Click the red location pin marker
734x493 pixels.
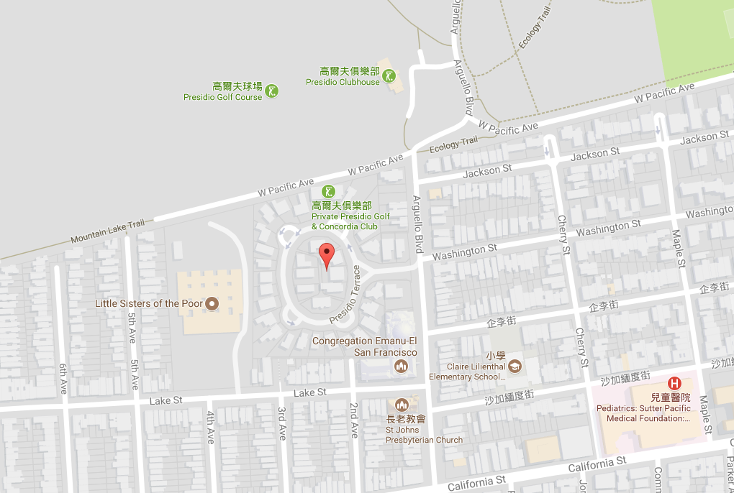point(327,256)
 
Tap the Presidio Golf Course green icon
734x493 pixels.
point(272,91)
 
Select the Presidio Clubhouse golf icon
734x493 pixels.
point(389,75)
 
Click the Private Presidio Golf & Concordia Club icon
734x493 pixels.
point(328,191)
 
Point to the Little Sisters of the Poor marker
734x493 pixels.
point(212,304)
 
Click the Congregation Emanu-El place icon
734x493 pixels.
point(402,367)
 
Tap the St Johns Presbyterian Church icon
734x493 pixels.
point(402,405)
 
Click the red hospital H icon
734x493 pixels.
point(675,384)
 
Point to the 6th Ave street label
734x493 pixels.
point(63,379)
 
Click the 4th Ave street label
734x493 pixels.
point(210,427)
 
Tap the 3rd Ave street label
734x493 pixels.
point(282,423)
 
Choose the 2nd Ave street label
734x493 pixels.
point(354,421)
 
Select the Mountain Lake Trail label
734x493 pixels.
point(107,231)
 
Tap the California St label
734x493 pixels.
point(477,484)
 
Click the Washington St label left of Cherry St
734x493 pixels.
point(464,252)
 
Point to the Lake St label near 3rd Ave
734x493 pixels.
point(310,392)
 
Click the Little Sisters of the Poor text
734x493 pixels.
point(149,304)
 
